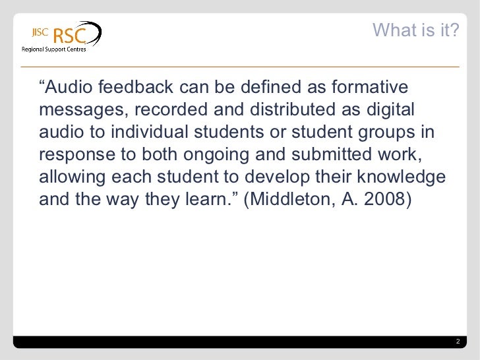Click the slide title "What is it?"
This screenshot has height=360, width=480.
415,30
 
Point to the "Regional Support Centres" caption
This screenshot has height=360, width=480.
54,50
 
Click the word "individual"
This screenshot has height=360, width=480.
148,133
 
